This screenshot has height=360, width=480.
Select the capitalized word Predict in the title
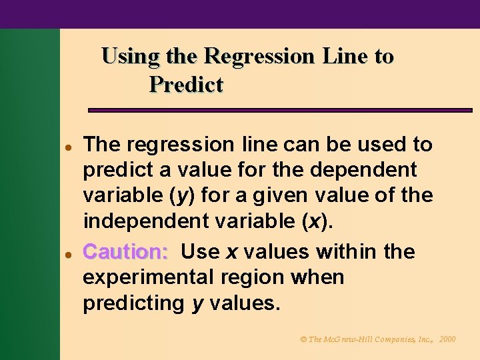tap(186, 85)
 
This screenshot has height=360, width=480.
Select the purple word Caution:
tap(125, 252)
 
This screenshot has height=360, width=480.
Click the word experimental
tap(148, 277)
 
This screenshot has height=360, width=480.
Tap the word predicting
tap(133, 303)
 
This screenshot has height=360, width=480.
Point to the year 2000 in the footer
tap(447, 339)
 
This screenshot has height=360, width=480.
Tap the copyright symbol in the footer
tap(304, 339)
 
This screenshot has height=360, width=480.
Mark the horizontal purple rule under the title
tap(280, 110)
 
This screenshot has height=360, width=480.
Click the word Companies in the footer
tap(397, 339)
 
